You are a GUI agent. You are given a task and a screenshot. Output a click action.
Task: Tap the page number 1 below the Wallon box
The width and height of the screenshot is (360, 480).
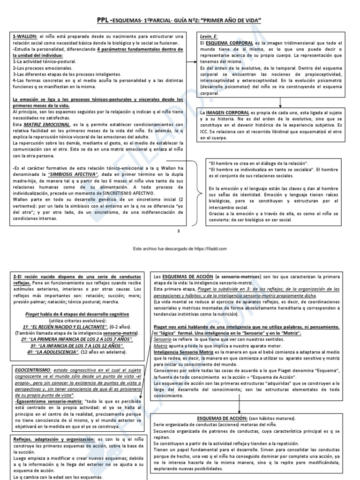(179, 231)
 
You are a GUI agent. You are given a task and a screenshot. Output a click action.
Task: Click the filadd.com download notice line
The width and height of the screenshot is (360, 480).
(180, 248)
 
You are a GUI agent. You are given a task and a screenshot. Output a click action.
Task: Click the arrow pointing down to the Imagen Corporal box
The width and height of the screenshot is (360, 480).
(280, 103)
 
